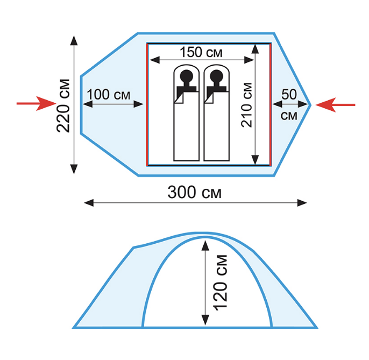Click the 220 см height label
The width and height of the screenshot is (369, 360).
coord(63,106)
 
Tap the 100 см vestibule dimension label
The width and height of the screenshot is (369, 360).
coord(109,95)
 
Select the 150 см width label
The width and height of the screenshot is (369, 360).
coord(201,52)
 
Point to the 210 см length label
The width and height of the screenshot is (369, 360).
coord(246,105)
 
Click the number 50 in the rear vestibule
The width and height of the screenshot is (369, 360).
coord(289,94)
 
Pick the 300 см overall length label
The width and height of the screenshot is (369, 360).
coord(195,192)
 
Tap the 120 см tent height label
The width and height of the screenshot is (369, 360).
coord(221,283)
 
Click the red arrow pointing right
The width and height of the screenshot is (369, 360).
coord(36,103)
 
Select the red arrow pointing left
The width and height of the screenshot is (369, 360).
coord(335,105)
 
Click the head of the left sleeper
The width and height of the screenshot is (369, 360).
coord(186,76)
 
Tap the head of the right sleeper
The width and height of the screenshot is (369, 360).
coord(216,76)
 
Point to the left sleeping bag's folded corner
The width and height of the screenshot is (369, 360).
coord(179,97)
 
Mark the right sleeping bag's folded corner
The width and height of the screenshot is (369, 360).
coord(209,97)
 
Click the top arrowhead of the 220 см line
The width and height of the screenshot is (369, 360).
coord(74,40)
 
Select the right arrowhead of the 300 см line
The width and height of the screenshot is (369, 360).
coord(302,203)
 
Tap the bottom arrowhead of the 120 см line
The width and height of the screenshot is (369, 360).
coord(205,320)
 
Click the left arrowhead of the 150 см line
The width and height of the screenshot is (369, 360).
coord(154,60)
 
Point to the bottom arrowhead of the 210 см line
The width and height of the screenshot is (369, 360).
coord(255,160)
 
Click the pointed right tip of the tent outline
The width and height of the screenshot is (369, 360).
coord(311,105)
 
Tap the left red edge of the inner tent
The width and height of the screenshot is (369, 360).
coord(147,104)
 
